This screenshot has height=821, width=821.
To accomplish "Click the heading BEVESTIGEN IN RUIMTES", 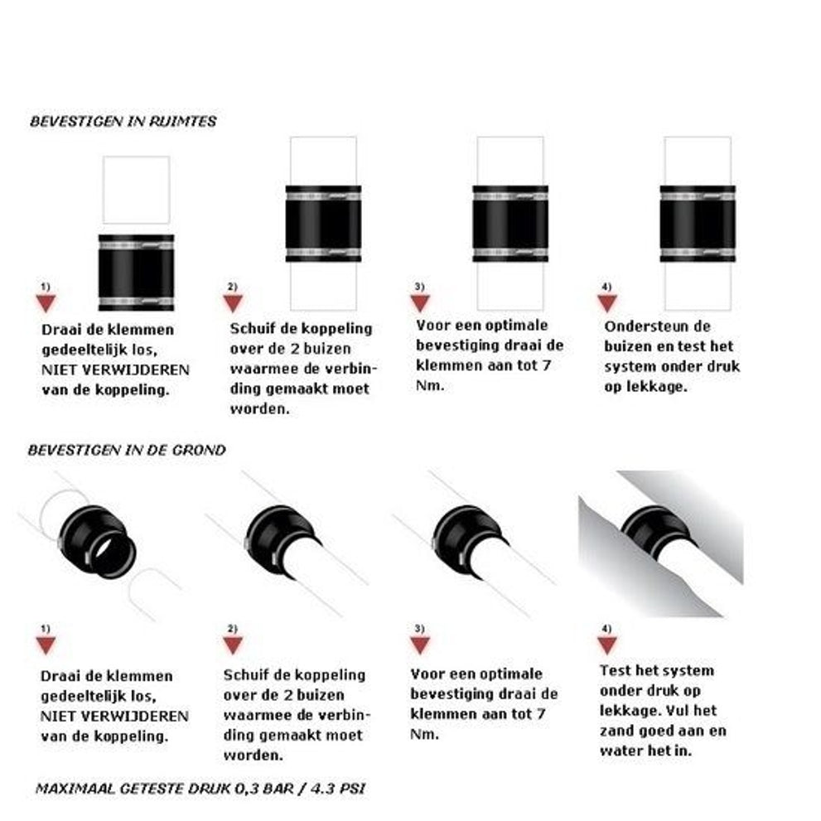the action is coord(123,122).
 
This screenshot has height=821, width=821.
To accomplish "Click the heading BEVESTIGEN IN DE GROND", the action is coord(127,451).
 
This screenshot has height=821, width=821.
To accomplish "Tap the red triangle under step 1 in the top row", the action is coord(46,303).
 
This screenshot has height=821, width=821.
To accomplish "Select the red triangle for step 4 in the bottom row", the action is coord(607,645).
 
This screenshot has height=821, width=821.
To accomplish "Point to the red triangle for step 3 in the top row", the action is coord(420,303).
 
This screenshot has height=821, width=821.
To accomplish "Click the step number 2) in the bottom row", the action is coord(233,628).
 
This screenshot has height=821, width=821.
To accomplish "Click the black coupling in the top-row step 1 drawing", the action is coord(136,273).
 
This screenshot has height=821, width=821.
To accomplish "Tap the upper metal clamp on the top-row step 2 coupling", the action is coord(324,197).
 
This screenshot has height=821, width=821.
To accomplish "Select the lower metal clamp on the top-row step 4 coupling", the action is coord(698,253).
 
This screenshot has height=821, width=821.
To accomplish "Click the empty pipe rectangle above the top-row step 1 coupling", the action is coord(136,190).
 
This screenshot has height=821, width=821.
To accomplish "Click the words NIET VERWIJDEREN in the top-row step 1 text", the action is coord(115,370).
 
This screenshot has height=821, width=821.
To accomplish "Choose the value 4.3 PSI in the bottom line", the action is coord(337,789).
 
